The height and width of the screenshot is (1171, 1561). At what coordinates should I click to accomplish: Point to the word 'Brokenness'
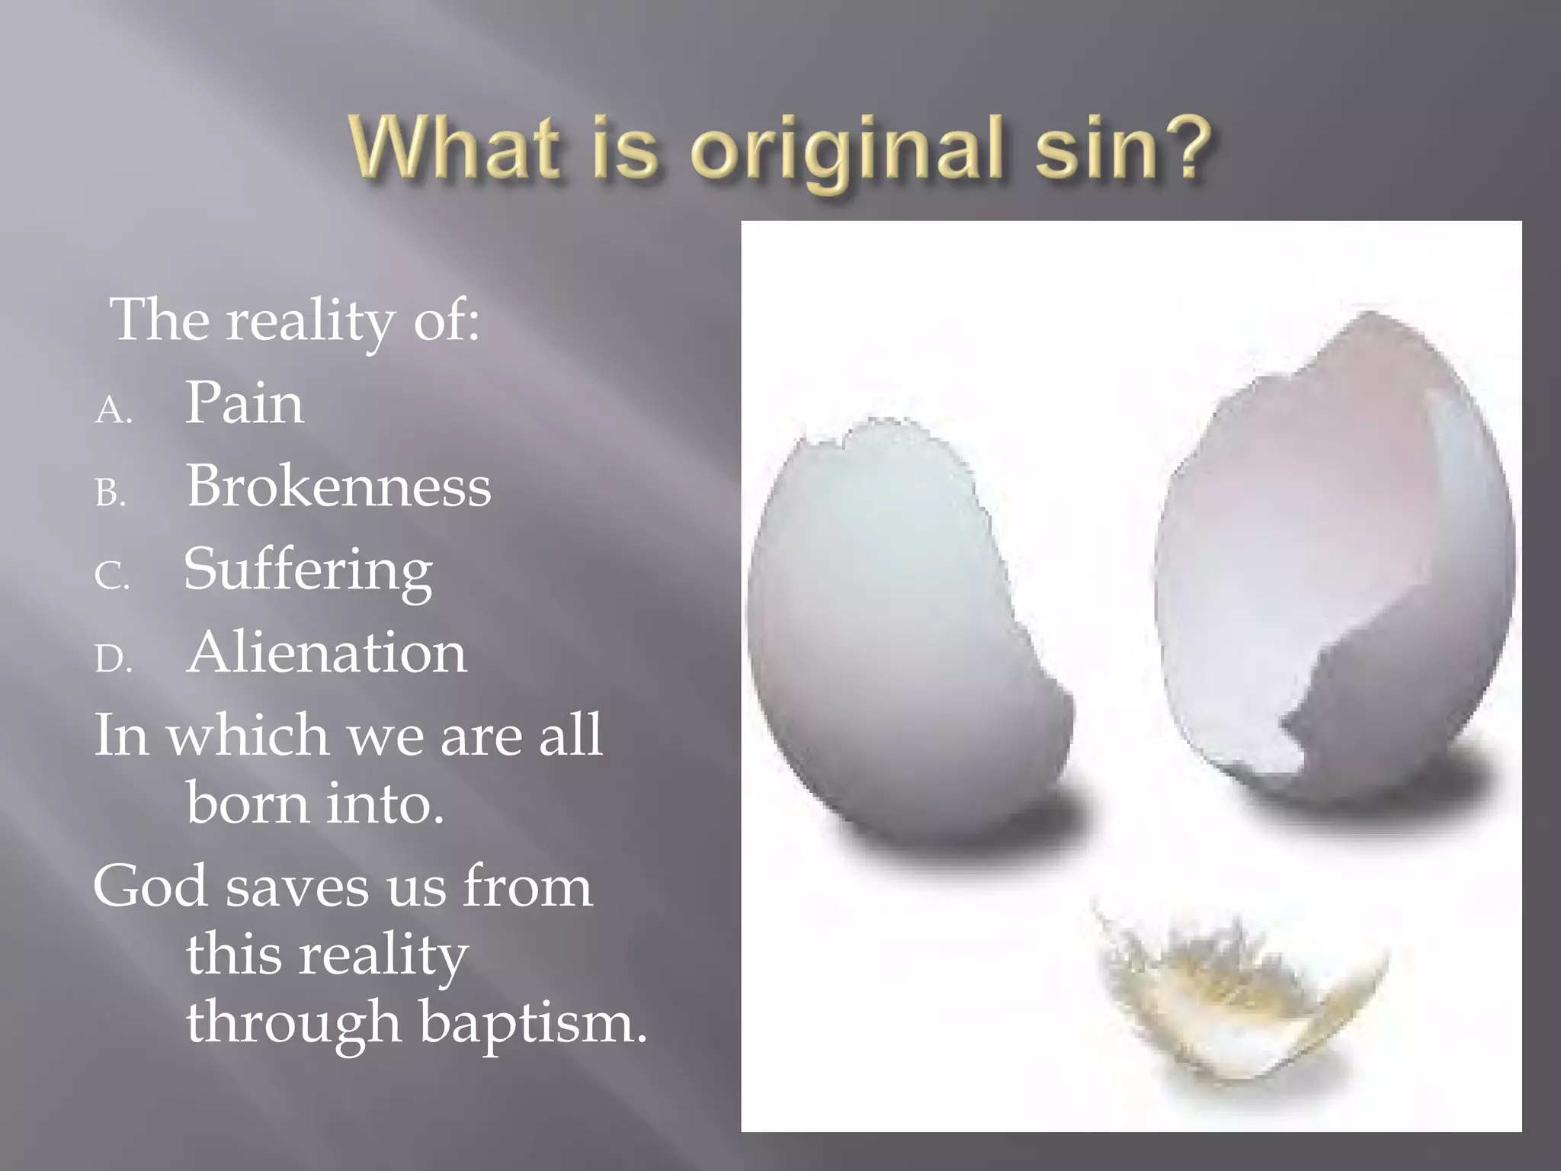tap(338, 486)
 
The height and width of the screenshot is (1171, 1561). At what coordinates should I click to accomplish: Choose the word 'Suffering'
tap(308, 570)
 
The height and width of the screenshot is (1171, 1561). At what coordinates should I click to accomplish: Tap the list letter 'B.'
tap(111, 494)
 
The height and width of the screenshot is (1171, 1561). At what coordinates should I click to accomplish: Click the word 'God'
tap(149, 887)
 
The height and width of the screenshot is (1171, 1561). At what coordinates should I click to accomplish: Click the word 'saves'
tap(298, 887)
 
